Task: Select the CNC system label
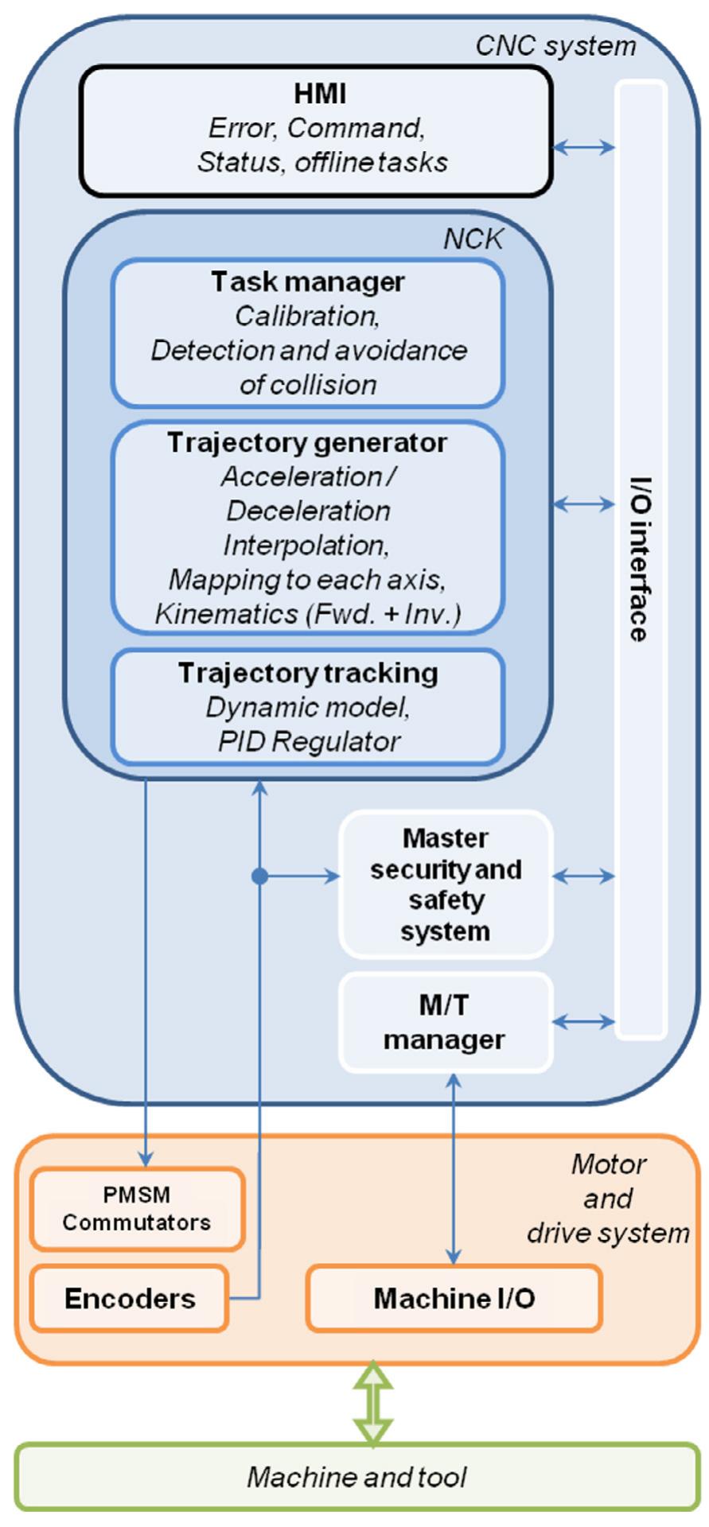tap(555, 45)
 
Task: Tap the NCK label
tap(473, 239)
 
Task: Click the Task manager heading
tap(307, 282)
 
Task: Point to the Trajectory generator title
tap(307, 442)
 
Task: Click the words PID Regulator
tap(309, 741)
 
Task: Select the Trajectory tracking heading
tap(307, 673)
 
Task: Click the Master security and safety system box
tap(446, 884)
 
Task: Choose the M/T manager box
tap(446, 1023)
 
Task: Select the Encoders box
tap(130, 1299)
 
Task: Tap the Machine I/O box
tap(454, 1299)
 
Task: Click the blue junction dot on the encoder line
tap(259, 876)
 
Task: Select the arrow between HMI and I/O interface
tap(584, 146)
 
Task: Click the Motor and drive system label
tap(608, 1199)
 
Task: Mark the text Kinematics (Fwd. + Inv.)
tap(307, 614)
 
